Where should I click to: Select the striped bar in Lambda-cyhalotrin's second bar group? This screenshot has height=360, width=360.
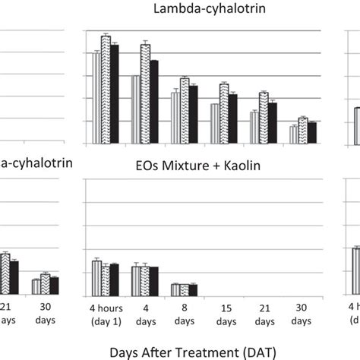click(x=136, y=109)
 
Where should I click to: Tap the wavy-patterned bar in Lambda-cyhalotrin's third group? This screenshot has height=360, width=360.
click(x=185, y=111)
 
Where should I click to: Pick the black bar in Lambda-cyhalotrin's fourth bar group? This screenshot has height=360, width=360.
click(x=233, y=118)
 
